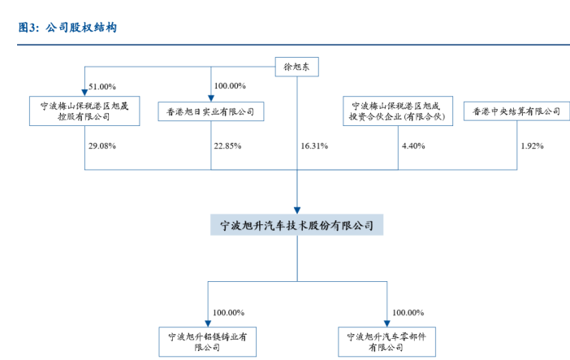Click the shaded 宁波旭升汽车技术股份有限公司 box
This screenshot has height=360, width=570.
(296, 225)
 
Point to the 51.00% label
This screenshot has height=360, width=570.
(102, 87)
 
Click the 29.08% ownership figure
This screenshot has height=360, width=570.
(102, 146)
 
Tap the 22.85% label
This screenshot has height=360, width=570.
(227, 146)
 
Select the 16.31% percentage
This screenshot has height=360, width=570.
(314, 146)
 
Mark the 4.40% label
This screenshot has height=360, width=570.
(413, 146)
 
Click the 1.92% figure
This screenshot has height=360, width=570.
(532, 146)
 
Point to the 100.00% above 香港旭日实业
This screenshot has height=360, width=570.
(230, 86)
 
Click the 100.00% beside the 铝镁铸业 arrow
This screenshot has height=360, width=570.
(229, 313)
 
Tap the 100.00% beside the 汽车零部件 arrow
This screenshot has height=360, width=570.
(408, 313)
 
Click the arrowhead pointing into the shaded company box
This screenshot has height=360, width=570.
(297, 210)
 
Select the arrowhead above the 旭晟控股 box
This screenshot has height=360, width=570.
(84, 93)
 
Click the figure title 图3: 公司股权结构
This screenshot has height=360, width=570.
(67, 28)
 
